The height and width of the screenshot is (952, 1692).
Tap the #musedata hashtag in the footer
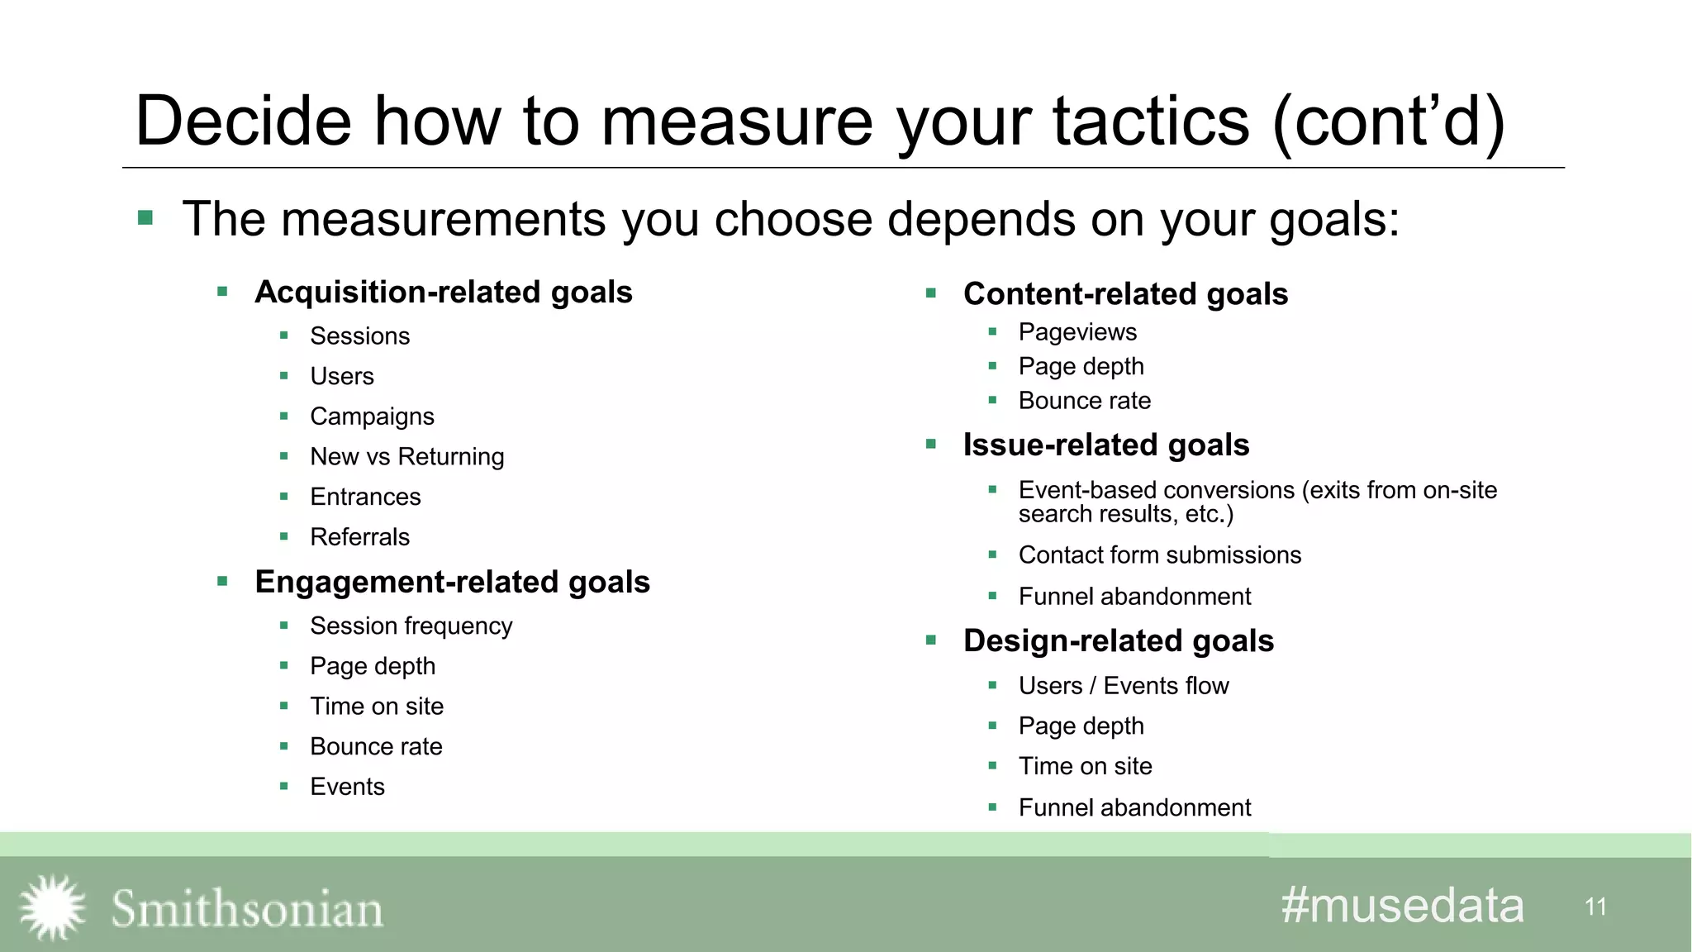click(1402, 906)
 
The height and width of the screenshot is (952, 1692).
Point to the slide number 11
click(1595, 907)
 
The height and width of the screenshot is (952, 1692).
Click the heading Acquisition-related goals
click(443, 293)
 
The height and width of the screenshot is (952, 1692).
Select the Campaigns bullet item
click(372, 416)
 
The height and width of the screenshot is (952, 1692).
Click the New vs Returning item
click(406, 457)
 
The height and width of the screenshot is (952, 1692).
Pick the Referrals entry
click(359, 537)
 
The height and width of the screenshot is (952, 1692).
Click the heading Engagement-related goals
click(452, 583)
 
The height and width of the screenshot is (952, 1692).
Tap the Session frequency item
click(411, 626)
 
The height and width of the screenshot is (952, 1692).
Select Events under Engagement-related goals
click(347, 787)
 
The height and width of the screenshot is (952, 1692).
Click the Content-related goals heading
click(1125, 294)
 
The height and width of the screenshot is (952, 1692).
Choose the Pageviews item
click(1077, 332)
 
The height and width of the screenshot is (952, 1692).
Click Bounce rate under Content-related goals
click(1084, 401)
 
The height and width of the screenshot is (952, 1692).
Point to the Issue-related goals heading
click(1105, 445)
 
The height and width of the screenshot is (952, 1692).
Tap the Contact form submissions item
click(1159, 555)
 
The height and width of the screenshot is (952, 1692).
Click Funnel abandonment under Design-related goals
click(1134, 807)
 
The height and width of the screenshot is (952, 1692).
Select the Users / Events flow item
click(1123, 686)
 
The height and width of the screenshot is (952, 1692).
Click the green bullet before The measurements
click(146, 218)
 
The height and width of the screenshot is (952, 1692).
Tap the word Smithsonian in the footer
click(247, 909)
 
